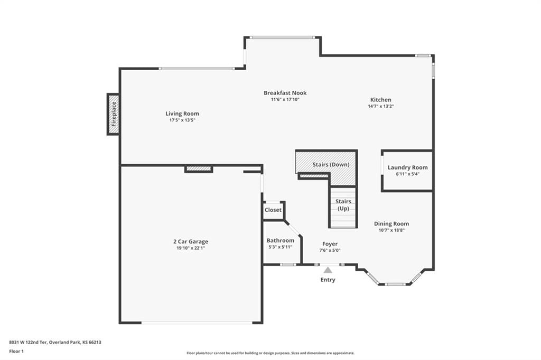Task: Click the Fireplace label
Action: (114, 114)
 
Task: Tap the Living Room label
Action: (182, 113)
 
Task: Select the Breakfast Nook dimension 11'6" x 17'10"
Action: (285, 99)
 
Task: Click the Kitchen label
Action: (381, 100)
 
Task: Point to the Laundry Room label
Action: (407, 167)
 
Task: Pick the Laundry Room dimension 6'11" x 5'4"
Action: (407, 174)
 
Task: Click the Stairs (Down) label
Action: (331, 165)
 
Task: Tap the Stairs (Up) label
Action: (343, 205)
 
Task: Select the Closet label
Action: (273, 210)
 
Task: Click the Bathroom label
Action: (281, 240)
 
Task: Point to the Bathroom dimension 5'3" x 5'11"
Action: (281, 247)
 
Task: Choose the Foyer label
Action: (330, 244)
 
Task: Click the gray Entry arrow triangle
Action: (328, 270)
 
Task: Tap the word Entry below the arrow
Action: (328, 279)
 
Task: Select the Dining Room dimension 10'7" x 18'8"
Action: (391, 230)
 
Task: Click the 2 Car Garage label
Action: (190, 241)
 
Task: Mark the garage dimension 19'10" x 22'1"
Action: (190, 248)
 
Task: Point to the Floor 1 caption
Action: (16, 352)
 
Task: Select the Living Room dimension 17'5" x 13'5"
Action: (182, 120)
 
